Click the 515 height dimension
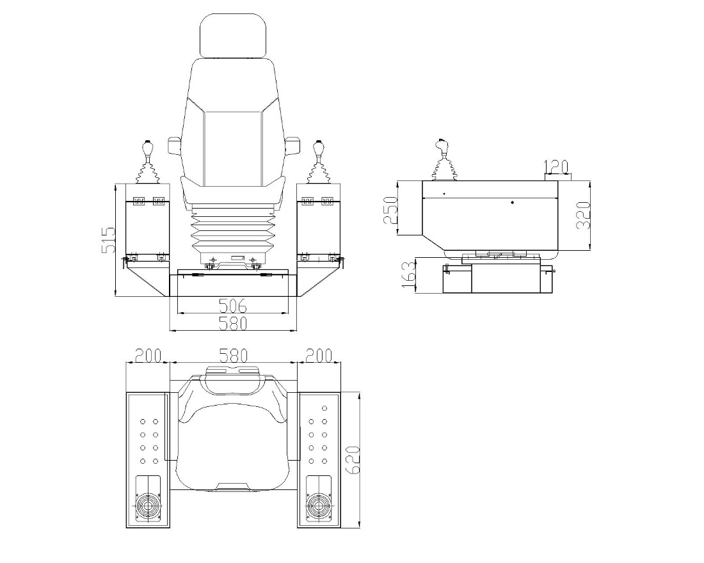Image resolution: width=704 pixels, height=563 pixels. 108,240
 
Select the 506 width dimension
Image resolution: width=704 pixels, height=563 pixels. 232,306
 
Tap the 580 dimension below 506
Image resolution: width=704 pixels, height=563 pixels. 233,323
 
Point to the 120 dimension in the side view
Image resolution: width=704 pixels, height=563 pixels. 556,167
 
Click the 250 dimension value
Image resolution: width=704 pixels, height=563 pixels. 390,210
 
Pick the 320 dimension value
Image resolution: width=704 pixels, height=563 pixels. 583,216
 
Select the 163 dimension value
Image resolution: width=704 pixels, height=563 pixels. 409,275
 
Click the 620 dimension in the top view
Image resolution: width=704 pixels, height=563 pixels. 353,460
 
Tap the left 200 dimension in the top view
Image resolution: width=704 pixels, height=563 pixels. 148,356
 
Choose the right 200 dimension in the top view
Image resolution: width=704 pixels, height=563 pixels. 319,356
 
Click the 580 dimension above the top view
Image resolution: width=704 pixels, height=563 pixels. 234,356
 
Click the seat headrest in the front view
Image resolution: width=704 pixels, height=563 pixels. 233,35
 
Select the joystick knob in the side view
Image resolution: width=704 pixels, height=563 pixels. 442,146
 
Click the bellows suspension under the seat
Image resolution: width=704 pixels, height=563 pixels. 233,230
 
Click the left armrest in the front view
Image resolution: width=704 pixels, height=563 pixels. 174,146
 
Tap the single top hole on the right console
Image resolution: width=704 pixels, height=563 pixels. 324,408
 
